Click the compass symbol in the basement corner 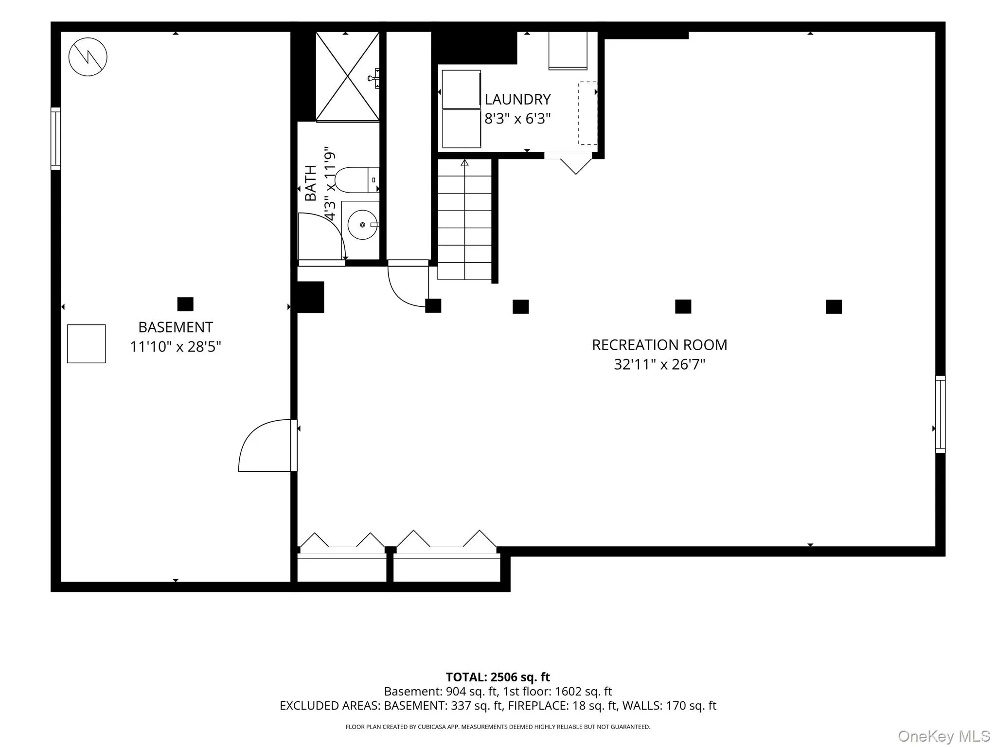(88, 57)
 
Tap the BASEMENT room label (176, 327)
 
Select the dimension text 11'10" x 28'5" (176, 347)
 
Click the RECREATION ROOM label (659, 345)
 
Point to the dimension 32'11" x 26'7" (659, 364)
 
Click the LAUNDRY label (517, 99)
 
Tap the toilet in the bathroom (357, 180)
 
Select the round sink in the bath (363, 225)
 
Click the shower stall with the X (347, 76)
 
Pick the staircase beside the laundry (465, 219)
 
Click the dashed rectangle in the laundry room (587, 113)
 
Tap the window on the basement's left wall (56, 139)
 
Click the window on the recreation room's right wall (941, 414)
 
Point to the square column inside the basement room (185, 304)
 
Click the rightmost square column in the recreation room (834, 307)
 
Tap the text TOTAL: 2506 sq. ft (498, 677)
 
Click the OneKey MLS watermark (944, 736)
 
